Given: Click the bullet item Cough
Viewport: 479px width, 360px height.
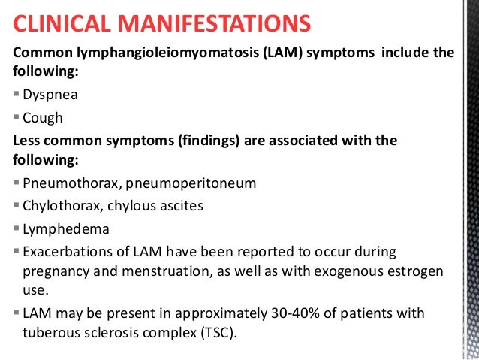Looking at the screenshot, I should pos(42,118).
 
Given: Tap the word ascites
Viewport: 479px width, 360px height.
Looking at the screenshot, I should pos(182,205).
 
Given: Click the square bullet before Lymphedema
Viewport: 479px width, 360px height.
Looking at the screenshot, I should pos(17,228).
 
